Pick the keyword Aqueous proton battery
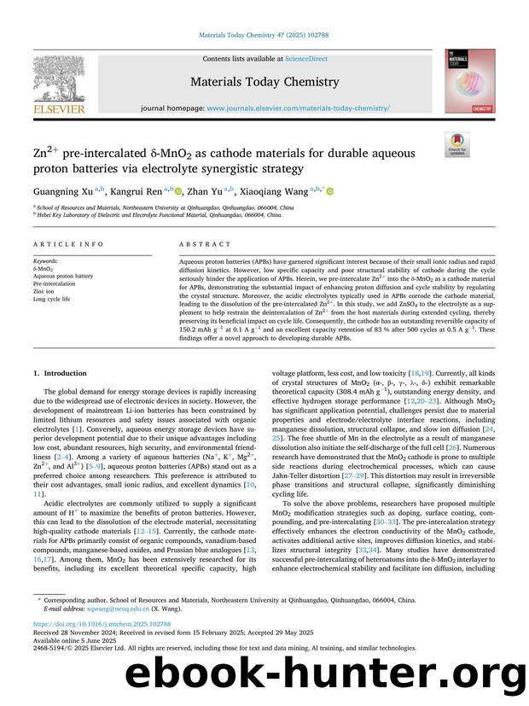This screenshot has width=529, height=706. pos(63,277)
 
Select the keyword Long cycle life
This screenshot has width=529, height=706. pos(53,300)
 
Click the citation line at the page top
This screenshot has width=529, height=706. pos(264,34)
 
